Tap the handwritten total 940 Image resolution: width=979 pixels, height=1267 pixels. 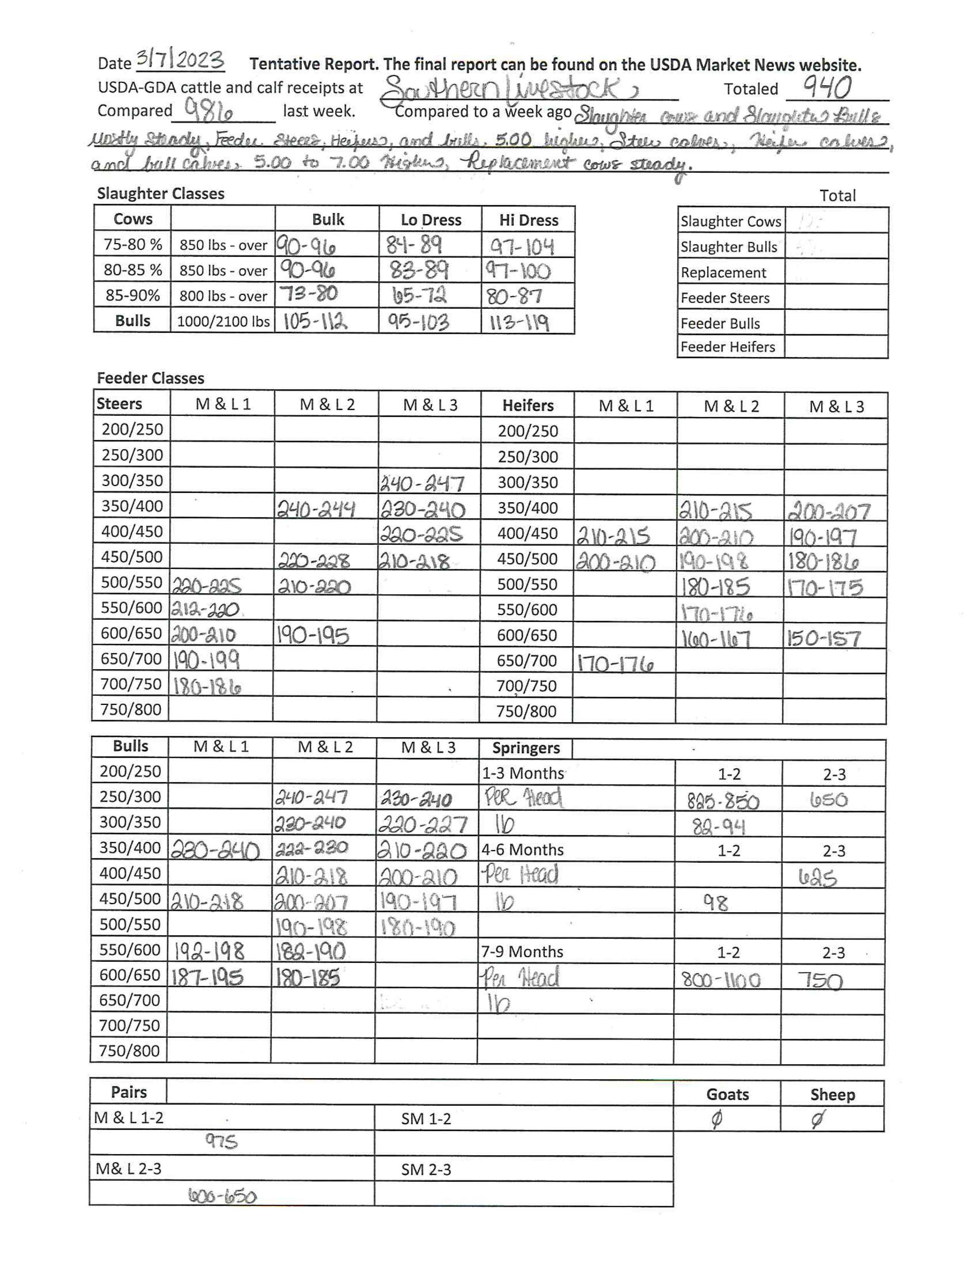[827, 88]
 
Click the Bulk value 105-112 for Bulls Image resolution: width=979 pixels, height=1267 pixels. [315, 321]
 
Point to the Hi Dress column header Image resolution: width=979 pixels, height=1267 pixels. [528, 220]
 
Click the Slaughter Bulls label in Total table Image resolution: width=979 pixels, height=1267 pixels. [728, 247]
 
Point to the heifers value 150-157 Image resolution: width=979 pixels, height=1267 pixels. [824, 638]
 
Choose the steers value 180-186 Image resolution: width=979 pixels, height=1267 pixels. [207, 686]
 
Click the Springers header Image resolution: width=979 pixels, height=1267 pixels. [526, 748]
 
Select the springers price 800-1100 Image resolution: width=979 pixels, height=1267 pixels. [721, 981]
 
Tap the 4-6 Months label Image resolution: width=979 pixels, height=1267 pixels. [523, 850]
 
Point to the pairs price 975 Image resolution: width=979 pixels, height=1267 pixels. [221, 1142]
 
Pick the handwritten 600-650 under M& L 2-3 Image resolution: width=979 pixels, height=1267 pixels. [222, 1196]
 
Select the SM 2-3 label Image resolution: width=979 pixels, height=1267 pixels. [426, 1169]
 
